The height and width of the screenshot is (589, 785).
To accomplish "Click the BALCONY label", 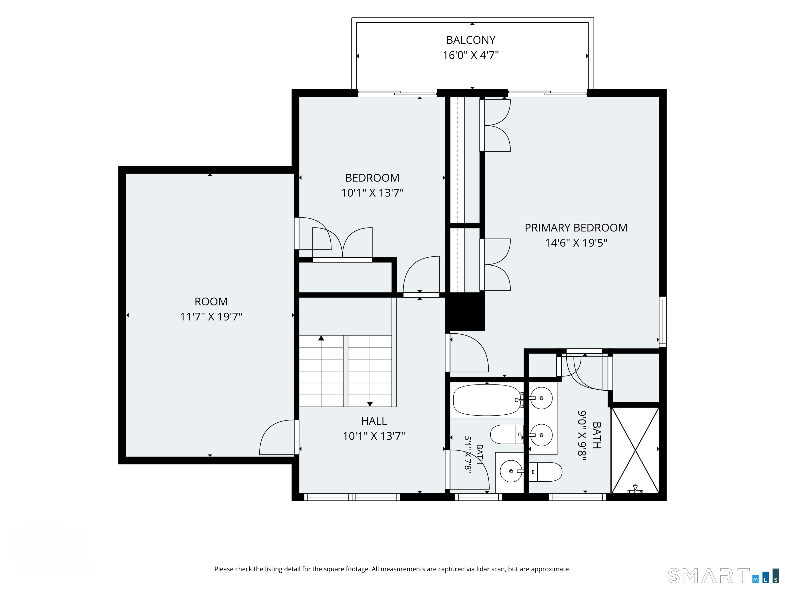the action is click(471, 40).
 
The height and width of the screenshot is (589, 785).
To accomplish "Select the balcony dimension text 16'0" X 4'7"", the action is click(471, 55).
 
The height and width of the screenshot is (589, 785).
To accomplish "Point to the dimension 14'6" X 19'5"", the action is click(576, 243).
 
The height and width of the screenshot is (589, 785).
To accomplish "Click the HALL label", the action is click(374, 421).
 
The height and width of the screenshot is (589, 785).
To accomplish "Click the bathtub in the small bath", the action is click(487, 400).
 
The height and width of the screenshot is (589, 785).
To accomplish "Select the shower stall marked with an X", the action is click(635, 450).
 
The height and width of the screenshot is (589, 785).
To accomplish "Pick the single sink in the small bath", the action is click(511, 471).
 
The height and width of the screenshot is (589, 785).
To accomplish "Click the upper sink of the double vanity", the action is click(541, 398).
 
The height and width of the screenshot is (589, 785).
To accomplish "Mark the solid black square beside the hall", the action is click(465, 312).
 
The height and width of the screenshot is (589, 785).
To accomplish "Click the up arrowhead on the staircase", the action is click(321, 338).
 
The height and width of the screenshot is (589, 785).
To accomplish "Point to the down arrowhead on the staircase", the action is click(370, 404).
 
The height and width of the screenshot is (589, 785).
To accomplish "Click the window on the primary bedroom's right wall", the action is click(663, 322).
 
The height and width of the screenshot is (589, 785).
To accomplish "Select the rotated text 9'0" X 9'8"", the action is click(582, 435).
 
